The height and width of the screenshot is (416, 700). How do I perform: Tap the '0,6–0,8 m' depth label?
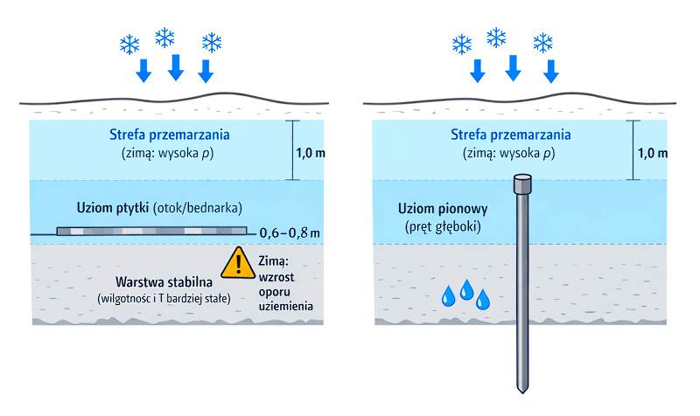(289, 233)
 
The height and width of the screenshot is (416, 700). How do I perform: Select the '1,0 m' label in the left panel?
(311, 153)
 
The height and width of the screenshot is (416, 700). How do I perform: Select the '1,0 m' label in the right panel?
(652, 153)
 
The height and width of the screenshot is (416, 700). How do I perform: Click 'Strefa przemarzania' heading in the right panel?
(511, 135)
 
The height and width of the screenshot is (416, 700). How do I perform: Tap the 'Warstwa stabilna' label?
(164, 283)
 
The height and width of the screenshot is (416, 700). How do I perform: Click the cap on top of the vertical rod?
(521, 184)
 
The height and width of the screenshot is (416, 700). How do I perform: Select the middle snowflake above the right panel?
(496, 38)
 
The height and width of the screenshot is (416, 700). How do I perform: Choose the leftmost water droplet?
(448, 297)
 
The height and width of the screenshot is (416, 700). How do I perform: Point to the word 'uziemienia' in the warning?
(286, 307)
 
